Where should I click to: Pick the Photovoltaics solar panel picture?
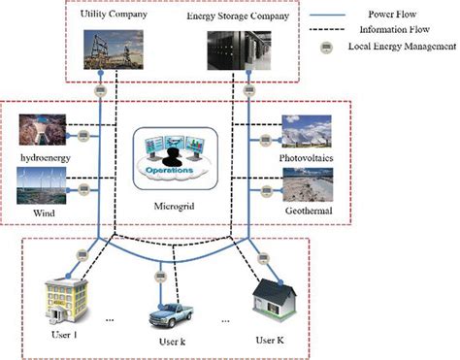click(309, 132)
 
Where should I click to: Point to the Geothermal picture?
click(309, 184)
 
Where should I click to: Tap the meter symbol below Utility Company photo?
click(101, 92)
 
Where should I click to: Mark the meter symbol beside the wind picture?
click(84, 188)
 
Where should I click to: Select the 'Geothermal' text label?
click(309, 209)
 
